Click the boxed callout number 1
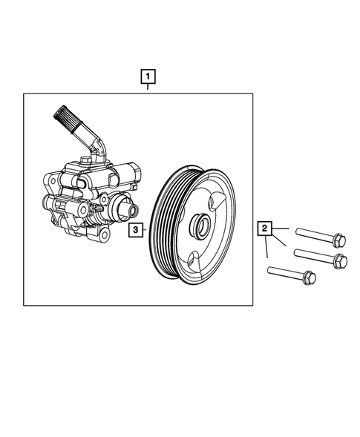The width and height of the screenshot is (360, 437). click(149, 76)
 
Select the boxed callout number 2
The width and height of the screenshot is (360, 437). click(265, 229)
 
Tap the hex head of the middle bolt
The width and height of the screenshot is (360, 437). click(341, 260)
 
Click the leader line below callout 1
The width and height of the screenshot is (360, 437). click(149, 88)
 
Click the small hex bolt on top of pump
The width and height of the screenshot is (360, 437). click(88, 159)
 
